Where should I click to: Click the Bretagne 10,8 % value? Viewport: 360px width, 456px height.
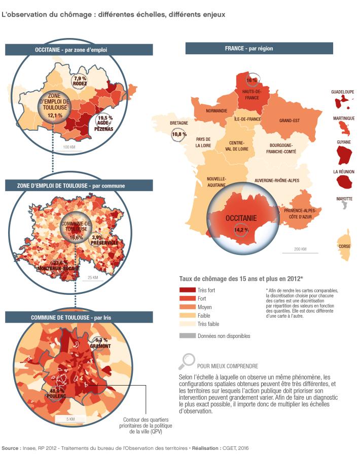178,134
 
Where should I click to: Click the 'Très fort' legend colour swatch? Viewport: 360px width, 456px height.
187,290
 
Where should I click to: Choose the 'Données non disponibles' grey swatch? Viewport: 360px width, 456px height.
187,335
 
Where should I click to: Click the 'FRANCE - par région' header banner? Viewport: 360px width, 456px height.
259,49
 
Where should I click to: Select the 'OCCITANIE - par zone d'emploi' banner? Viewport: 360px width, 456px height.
79,50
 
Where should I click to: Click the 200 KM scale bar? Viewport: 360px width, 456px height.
300,252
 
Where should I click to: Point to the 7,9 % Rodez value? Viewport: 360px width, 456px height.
80,79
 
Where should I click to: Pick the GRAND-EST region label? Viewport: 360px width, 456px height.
290,121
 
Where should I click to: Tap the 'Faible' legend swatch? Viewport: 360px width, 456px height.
187,315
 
